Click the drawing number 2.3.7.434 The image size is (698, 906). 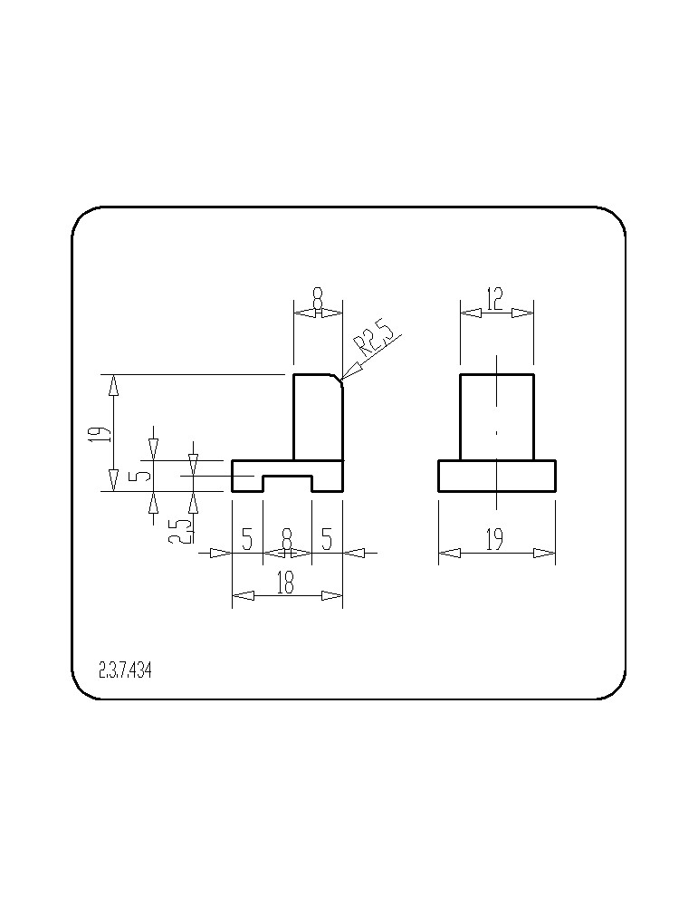[125, 670]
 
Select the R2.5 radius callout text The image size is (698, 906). [374, 341]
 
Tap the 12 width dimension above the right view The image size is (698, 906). [495, 300]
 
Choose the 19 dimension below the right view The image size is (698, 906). [494, 540]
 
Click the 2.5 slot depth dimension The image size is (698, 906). [177, 530]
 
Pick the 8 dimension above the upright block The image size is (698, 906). [318, 300]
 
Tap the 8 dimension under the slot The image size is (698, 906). [287, 541]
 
